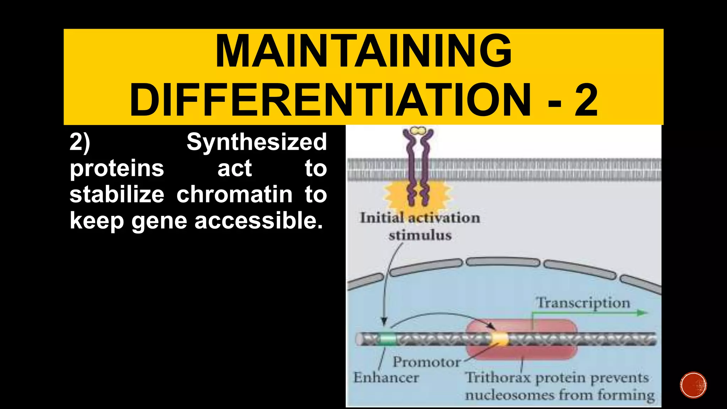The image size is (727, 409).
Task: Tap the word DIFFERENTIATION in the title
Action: (x=330, y=100)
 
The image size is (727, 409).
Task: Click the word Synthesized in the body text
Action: (x=256, y=142)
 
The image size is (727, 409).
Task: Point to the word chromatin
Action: (x=234, y=195)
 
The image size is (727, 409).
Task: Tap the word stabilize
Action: (x=117, y=195)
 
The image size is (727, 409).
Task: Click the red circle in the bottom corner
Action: (x=693, y=385)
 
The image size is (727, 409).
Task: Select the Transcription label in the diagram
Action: (x=583, y=303)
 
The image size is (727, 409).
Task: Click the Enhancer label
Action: (x=386, y=377)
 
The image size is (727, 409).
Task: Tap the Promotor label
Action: (x=426, y=362)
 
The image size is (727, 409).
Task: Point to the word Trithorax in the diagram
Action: (x=498, y=377)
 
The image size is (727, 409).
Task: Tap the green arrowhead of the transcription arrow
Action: (x=643, y=313)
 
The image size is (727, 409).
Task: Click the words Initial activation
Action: (x=420, y=218)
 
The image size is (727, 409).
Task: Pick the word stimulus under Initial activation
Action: (x=420, y=235)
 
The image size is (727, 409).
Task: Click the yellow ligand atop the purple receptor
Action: (x=418, y=130)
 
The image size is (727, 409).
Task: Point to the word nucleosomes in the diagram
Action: (x=509, y=395)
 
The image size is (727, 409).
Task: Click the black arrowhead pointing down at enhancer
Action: (x=384, y=322)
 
